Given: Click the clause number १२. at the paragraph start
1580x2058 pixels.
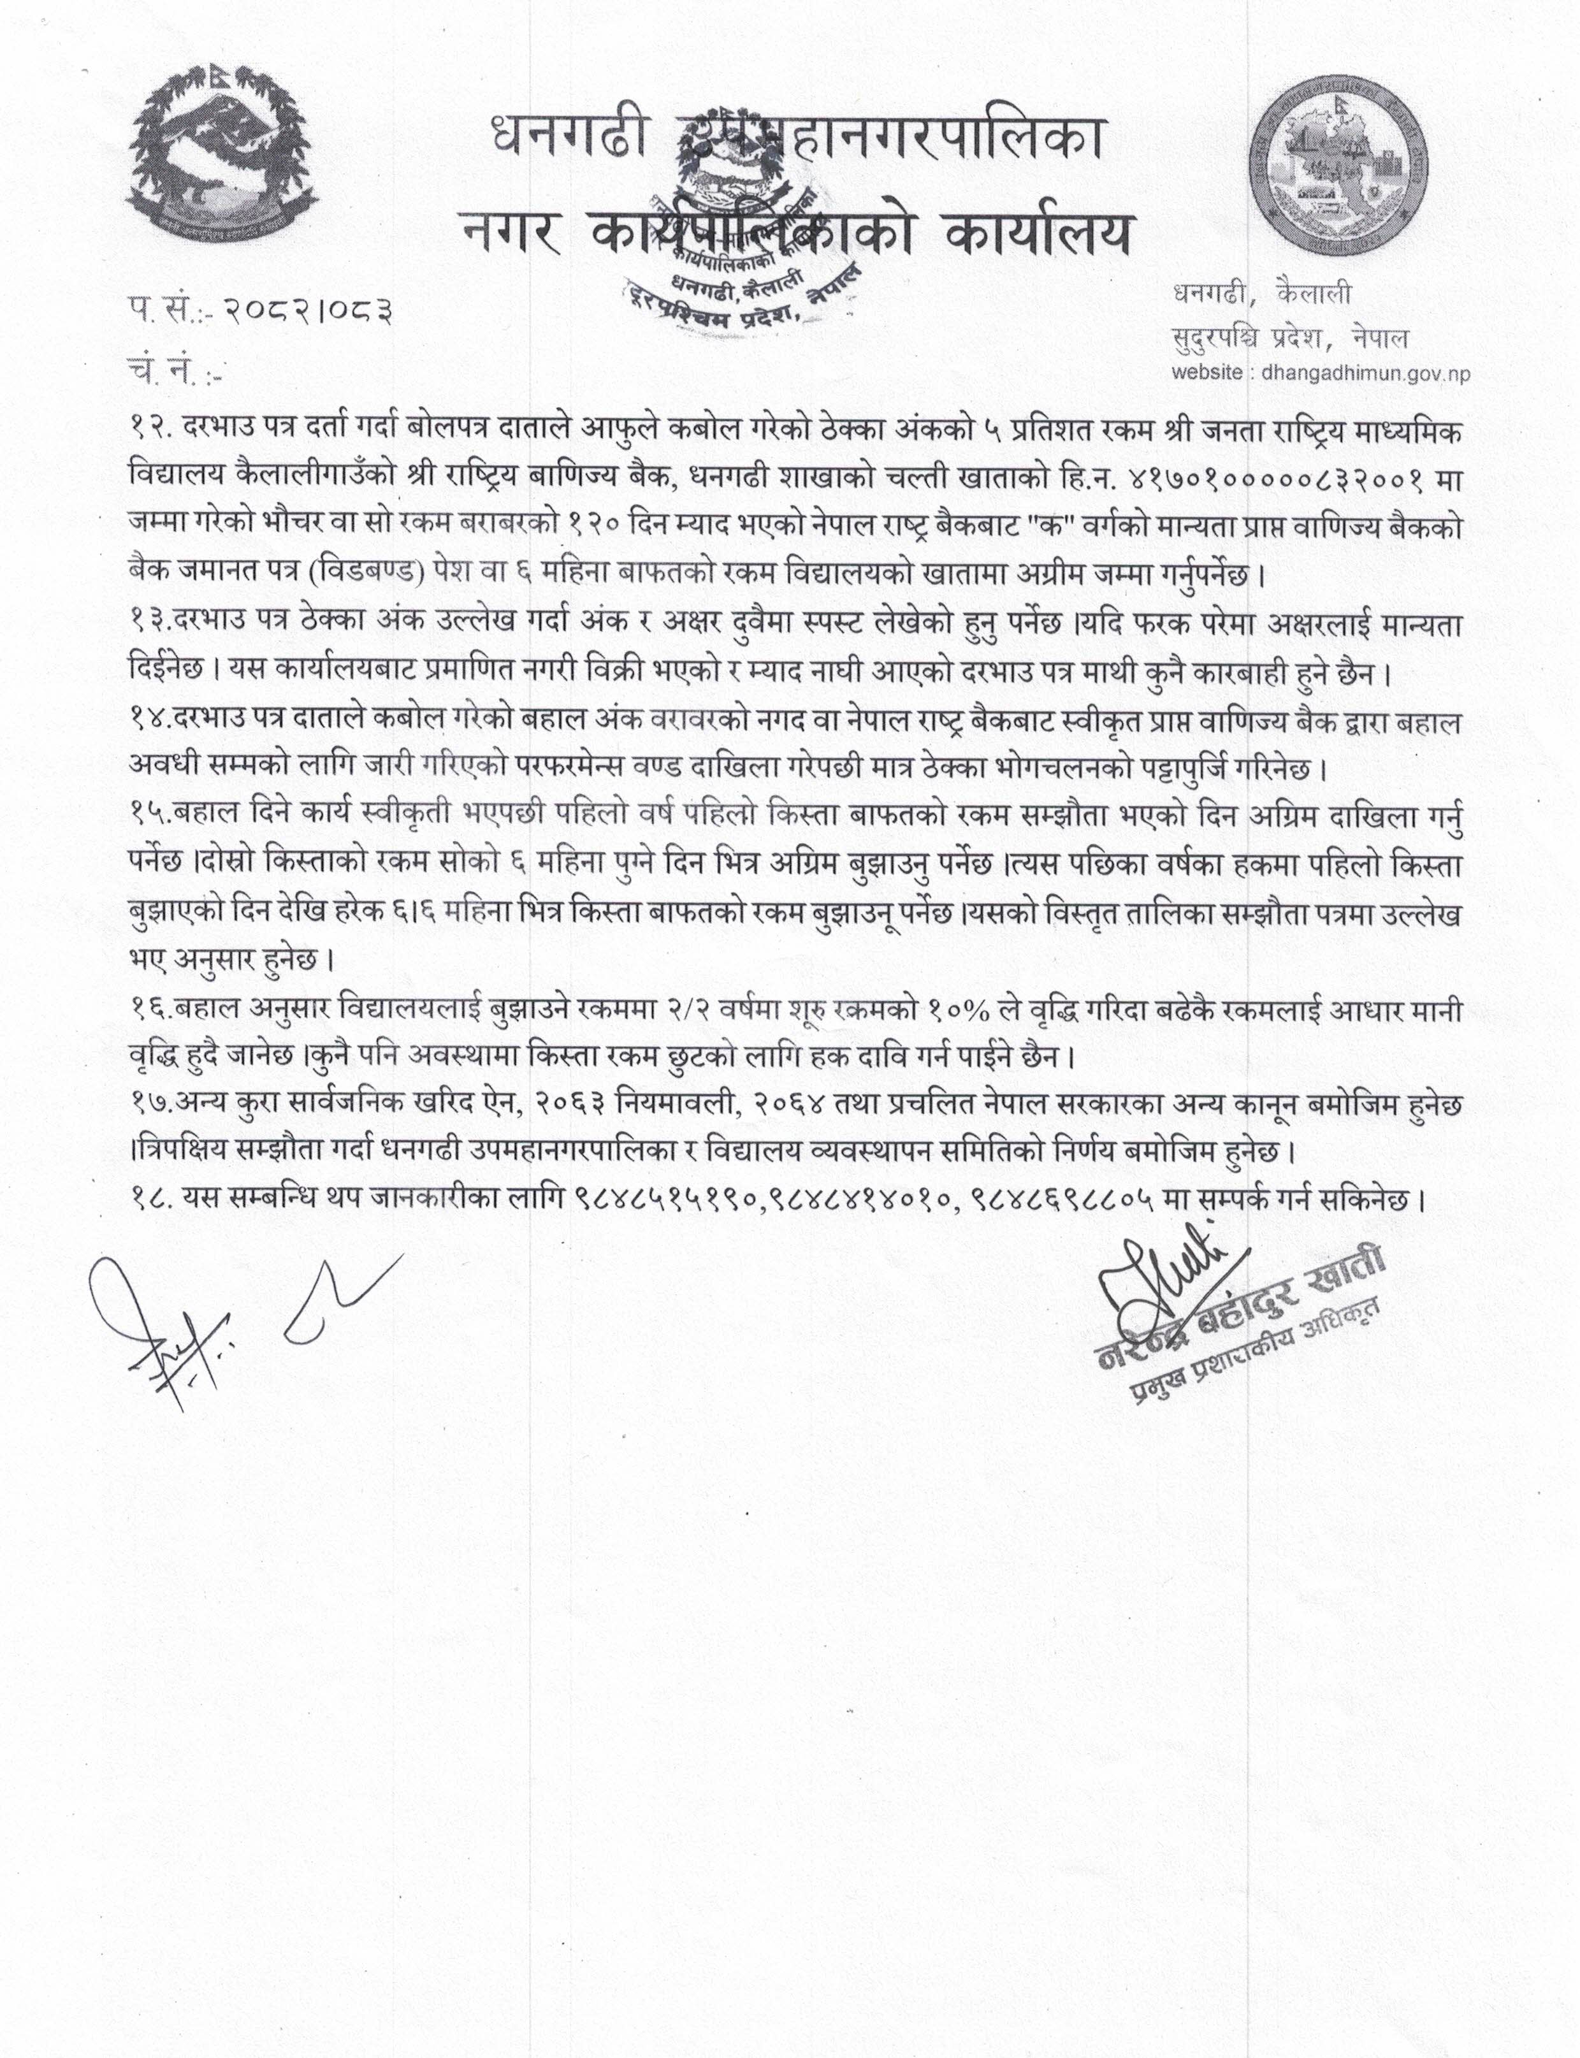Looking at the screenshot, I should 150,429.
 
